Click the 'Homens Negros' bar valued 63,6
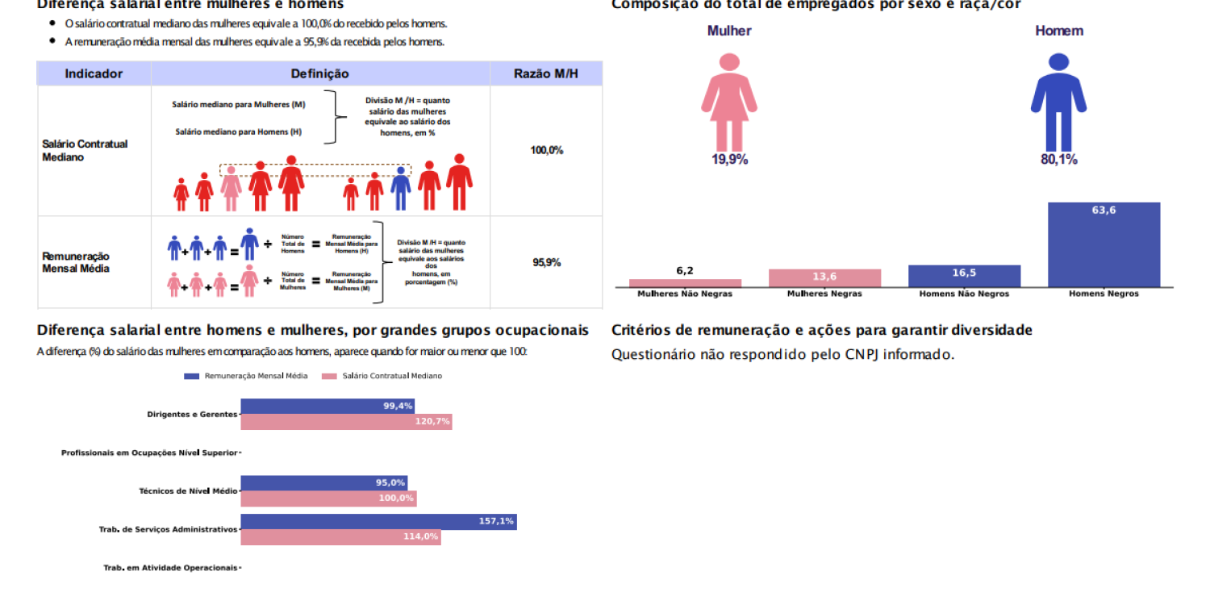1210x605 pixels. [x=1104, y=244]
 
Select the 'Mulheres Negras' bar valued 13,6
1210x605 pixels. [x=824, y=278]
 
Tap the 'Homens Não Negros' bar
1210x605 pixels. [x=964, y=276]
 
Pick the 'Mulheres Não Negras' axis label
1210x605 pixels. [x=685, y=294]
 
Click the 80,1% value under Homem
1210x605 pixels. [x=1058, y=160]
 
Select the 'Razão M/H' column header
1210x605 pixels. [x=546, y=74]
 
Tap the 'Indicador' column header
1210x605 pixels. [x=94, y=74]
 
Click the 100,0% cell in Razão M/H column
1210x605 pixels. [x=546, y=150]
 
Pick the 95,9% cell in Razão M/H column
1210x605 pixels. [x=546, y=263]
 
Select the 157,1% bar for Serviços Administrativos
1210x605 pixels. [x=378, y=522]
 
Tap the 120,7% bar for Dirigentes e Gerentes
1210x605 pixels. [x=346, y=422]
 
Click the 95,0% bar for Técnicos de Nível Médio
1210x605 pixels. [x=323, y=483]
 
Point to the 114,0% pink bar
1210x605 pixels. [x=340, y=537]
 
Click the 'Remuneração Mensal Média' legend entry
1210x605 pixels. [x=246, y=376]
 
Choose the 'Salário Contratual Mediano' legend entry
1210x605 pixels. [x=382, y=376]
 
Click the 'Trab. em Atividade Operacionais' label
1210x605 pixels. [x=170, y=568]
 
